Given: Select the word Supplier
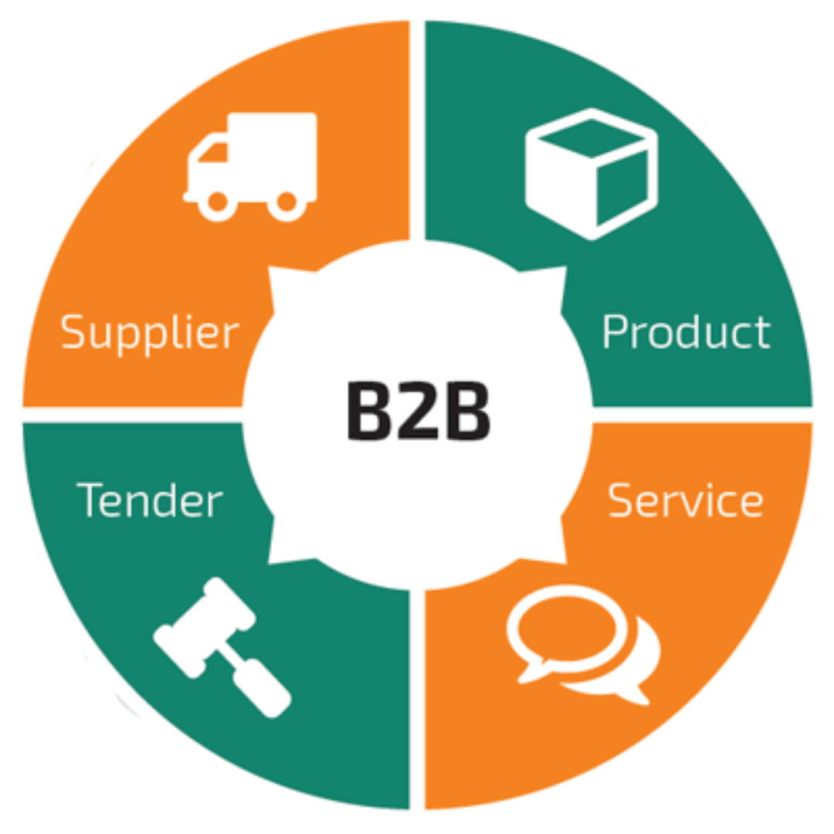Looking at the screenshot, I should (150, 333).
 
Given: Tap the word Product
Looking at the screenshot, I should (686, 332).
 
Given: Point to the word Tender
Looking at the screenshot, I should (150, 500).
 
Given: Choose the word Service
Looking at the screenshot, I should (686, 500).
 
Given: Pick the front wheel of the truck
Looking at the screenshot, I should (217, 202).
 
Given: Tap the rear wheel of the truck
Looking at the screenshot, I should (287, 202).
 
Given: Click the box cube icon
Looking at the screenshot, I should (592, 174).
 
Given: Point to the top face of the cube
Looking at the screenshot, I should (592, 138).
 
